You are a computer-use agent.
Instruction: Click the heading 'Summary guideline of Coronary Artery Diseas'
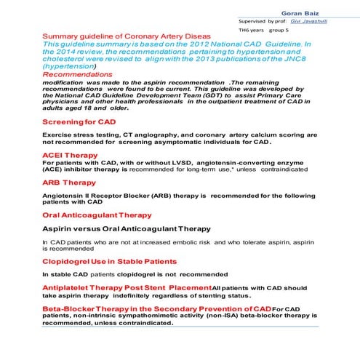(x=127, y=36)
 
